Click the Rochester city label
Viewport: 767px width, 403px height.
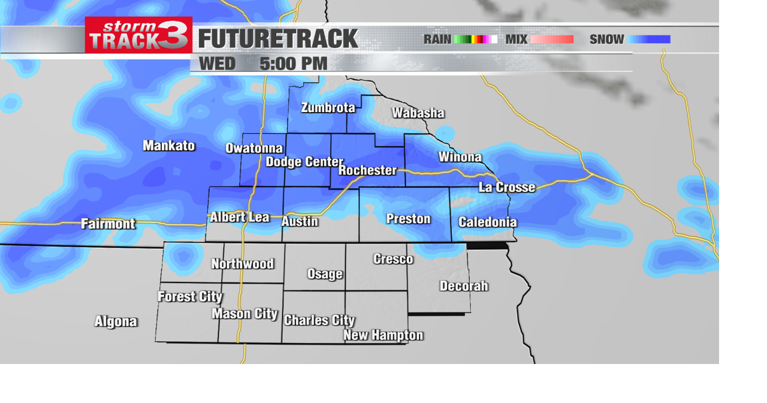[367, 170]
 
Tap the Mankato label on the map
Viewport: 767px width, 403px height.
[168, 146]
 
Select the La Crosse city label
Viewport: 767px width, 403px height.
[506, 188]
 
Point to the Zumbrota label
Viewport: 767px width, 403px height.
[328, 108]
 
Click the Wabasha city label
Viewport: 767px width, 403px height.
[418, 113]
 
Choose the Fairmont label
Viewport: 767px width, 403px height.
[108, 224]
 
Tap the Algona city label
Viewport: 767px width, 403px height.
[116, 322]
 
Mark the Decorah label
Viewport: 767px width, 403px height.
[463, 286]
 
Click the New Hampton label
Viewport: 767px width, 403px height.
[383, 335]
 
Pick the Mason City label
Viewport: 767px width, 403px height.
[244, 314]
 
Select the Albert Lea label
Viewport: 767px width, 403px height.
[239, 217]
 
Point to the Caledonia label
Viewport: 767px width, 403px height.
[487, 222]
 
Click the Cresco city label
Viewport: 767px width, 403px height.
[393, 259]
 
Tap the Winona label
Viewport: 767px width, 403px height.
[460, 157]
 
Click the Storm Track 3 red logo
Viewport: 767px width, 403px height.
[138, 35]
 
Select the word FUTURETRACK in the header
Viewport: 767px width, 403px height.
[278, 39]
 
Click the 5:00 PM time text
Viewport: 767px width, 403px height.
[293, 64]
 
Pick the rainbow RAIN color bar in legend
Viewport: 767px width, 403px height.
[476, 40]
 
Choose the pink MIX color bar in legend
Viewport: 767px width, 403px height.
[552, 40]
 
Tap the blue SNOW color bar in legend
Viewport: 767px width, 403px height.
[649, 40]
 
